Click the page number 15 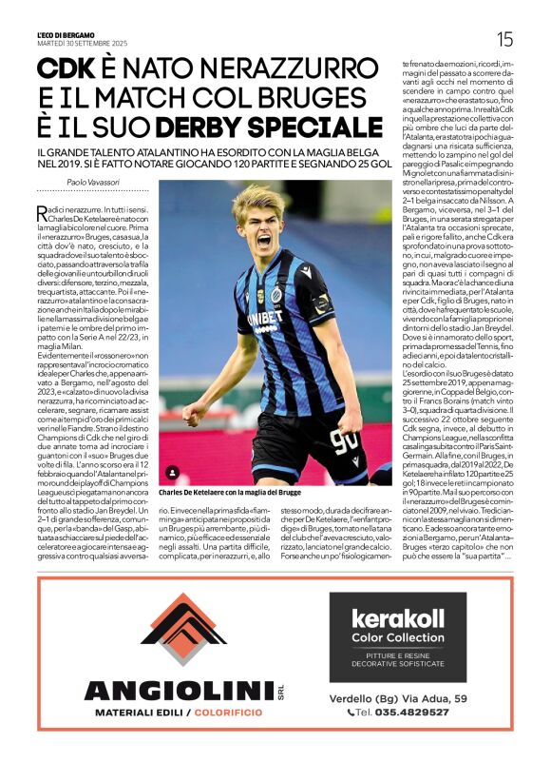(x=504, y=38)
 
